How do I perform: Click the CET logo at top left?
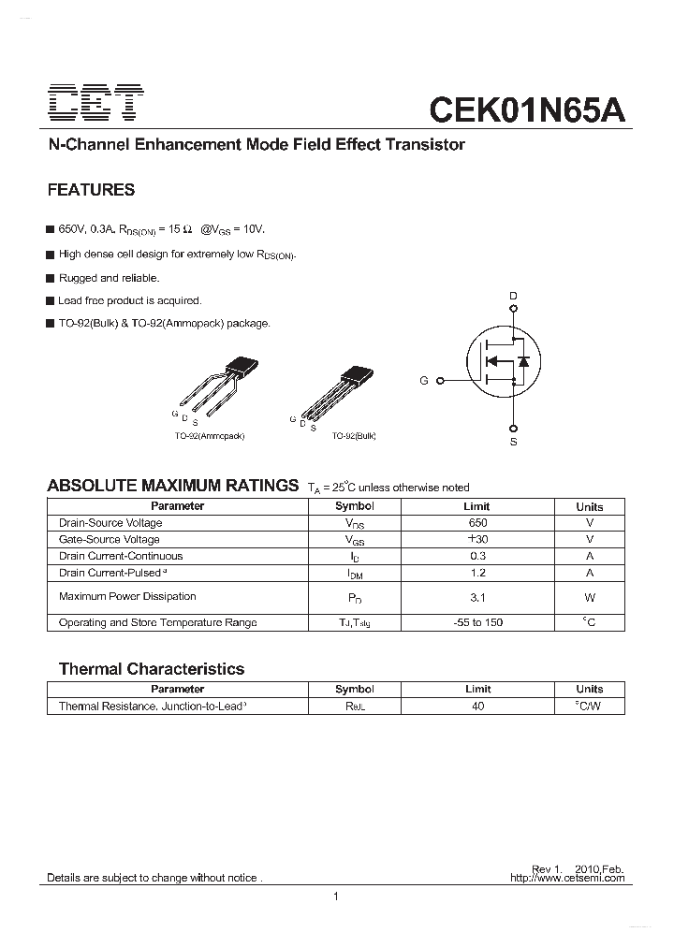(96, 104)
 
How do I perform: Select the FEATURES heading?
(91, 190)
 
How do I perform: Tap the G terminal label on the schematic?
(424, 381)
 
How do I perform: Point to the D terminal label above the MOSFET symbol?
(512, 296)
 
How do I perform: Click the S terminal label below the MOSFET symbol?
(513, 441)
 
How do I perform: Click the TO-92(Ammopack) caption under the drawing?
(210, 436)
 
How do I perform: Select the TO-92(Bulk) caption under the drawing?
(353, 436)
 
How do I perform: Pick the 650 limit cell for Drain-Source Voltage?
(477, 523)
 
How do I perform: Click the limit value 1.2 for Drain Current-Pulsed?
(477, 573)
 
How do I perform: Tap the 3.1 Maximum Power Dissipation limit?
(477, 597)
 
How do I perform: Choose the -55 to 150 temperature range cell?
(477, 622)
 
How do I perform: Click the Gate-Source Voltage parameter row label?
(109, 540)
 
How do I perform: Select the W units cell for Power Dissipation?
(590, 597)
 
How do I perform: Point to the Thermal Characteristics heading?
(151, 669)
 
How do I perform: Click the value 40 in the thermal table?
(477, 707)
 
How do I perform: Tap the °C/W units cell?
(590, 707)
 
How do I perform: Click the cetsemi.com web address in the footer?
(567, 879)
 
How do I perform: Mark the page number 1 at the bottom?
(335, 897)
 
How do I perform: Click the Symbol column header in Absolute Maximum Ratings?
(355, 506)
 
